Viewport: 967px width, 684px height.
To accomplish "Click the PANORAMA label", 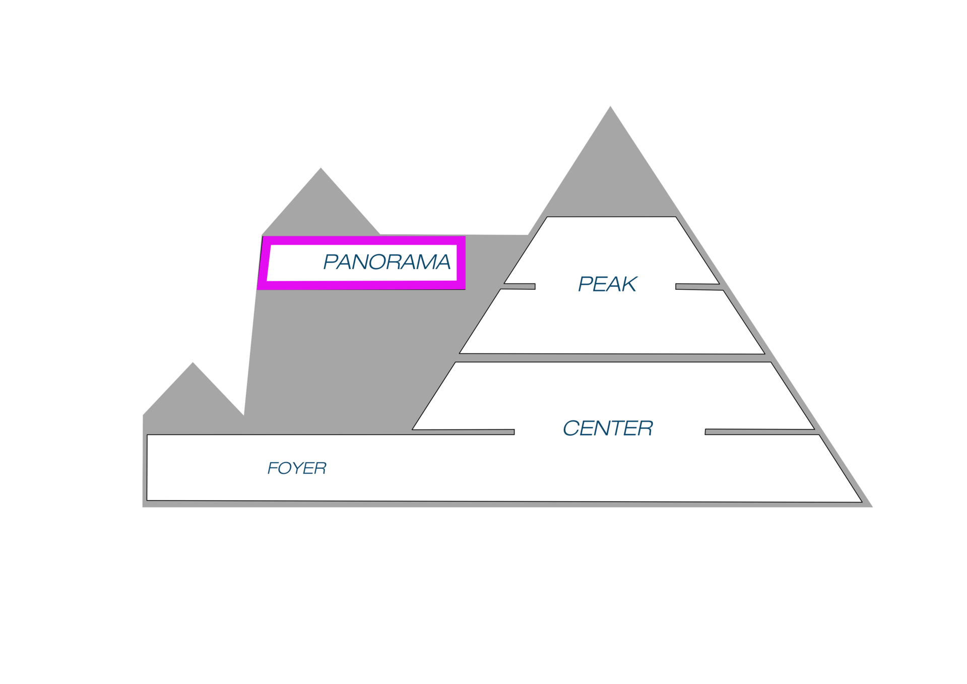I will click(386, 262).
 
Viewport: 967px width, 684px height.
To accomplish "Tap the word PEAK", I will click(607, 284).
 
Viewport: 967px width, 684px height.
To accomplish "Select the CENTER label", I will click(608, 428).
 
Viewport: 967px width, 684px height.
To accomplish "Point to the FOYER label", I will click(297, 468).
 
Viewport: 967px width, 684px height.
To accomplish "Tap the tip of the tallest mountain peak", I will click(610, 105).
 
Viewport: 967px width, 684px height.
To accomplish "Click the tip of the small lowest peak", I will click(193, 361).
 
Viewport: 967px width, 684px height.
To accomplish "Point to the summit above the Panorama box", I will click(321, 166).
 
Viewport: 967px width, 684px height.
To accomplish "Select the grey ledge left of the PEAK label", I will click(519, 286).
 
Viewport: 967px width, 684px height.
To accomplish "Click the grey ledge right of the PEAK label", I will click(698, 287).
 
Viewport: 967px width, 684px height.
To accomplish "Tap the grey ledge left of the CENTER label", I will click(464, 432).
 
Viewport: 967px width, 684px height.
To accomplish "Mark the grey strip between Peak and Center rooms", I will click(612, 358).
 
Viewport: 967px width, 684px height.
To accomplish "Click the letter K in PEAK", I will click(628, 284).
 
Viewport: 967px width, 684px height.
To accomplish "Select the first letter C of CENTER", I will click(570, 428).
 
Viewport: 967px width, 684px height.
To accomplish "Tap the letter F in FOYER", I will click(273, 468).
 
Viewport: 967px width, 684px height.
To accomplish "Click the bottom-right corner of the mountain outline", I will click(873, 508).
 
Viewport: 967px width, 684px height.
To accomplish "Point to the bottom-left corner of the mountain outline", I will click(143, 508).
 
